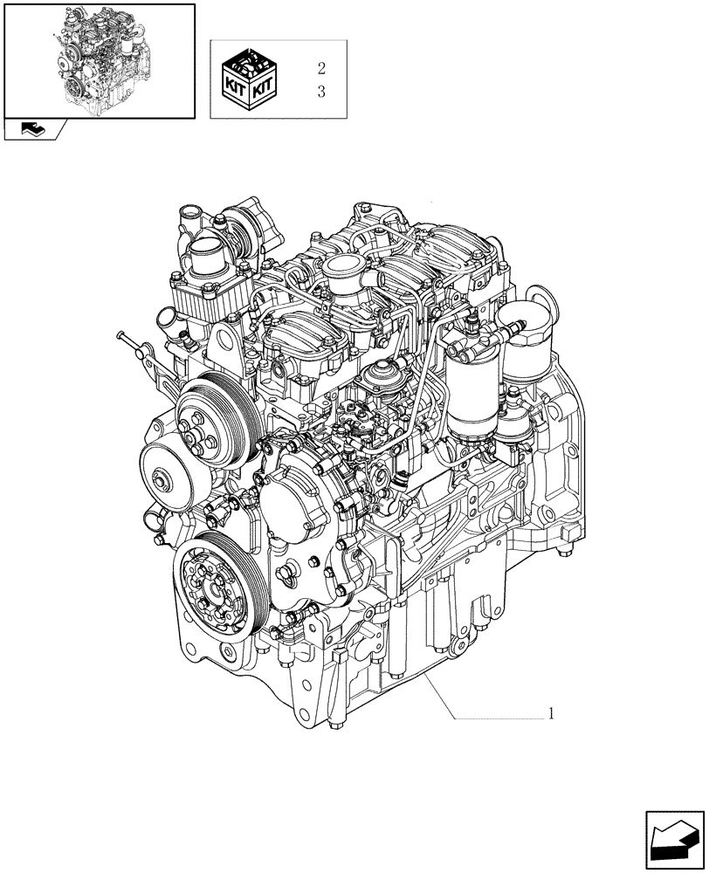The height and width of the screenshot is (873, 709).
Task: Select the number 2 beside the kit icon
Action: [321, 67]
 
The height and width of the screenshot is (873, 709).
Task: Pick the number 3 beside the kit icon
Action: [321, 93]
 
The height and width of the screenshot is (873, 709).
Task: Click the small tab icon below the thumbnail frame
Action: [36, 130]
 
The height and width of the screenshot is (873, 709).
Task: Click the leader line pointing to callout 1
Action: [489, 717]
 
